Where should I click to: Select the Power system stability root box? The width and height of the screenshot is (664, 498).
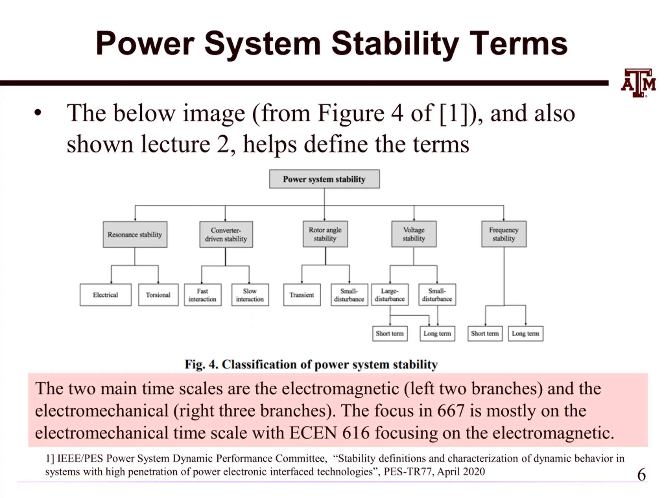coord(324,179)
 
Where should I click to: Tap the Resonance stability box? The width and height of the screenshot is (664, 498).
coord(135,234)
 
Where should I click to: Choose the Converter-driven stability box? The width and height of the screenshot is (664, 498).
coord(226,234)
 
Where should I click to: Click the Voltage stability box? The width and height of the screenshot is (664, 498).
coord(414,234)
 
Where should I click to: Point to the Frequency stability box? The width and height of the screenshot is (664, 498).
coord(504,234)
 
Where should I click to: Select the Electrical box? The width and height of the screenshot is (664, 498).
coord(105,295)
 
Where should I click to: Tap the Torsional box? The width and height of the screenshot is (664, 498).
coord(158,295)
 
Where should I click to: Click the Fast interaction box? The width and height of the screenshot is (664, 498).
coord(203,295)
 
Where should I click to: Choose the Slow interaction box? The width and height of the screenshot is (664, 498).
coord(250,295)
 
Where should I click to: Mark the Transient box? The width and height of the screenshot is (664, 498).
coord(302,295)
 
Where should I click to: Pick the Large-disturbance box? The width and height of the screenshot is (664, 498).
coord(390,294)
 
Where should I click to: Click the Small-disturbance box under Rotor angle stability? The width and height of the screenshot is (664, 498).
coord(349,295)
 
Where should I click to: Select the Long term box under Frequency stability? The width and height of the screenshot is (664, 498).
coord(525,334)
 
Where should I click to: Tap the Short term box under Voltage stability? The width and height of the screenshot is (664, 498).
coord(390,334)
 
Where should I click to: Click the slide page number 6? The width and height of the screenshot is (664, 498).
coord(641,475)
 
